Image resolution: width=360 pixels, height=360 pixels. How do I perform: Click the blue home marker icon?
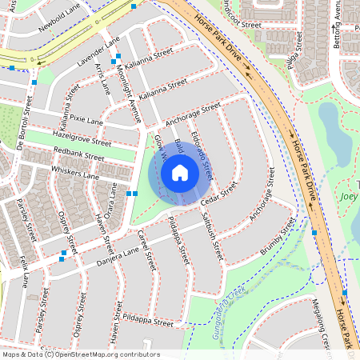point(180,173)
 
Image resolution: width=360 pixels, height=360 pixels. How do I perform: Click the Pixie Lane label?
point(86,119)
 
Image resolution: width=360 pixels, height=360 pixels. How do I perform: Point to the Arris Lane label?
point(103,78)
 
